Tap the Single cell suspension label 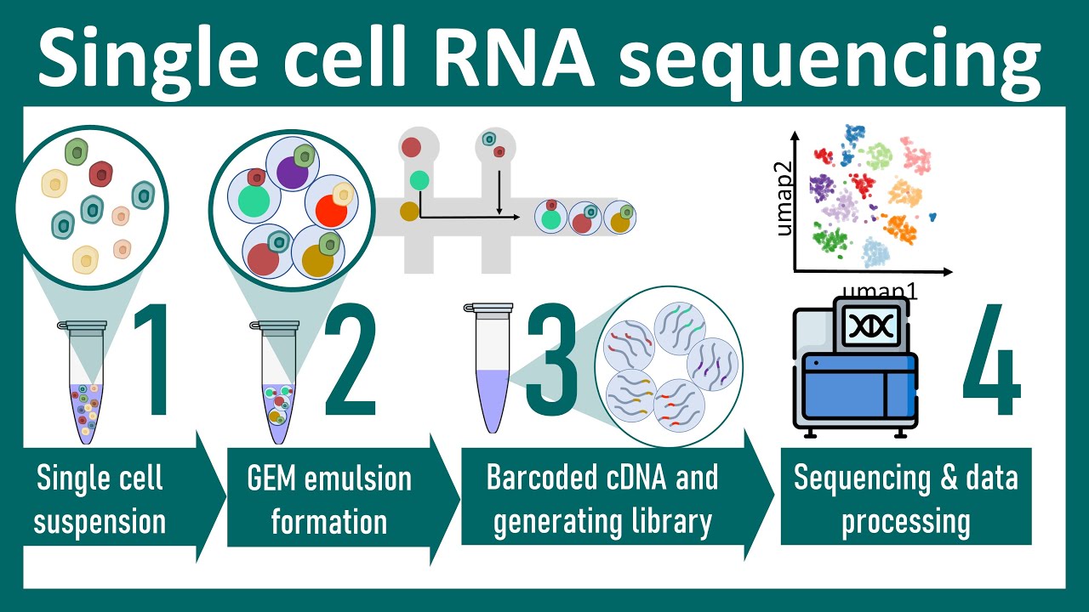(x=100, y=500)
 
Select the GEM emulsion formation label (x=328, y=500)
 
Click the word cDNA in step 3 (x=627, y=478)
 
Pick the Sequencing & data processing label (x=905, y=500)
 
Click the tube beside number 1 (x=86, y=382)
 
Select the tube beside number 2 (x=278, y=382)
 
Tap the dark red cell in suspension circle (x=102, y=174)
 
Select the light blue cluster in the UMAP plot (x=875, y=252)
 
